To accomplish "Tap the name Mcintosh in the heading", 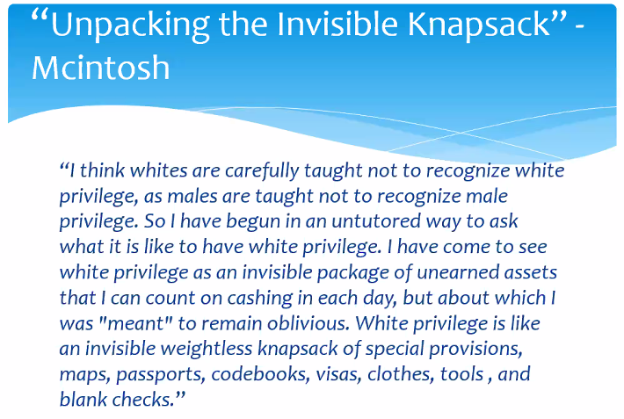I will [100, 68].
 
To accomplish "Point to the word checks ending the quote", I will [147, 400].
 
